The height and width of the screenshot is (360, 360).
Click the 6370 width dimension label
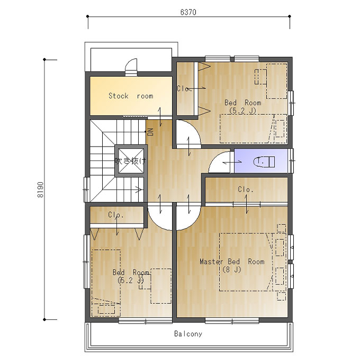pyautogui.click(x=188, y=12)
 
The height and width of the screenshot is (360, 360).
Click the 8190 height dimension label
pyautogui.click(x=40, y=190)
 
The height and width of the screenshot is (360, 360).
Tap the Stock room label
pyautogui.click(x=131, y=96)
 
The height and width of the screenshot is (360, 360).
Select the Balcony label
pyautogui.click(x=188, y=334)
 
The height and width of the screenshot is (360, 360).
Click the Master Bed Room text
pyautogui.click(x=232, y=262)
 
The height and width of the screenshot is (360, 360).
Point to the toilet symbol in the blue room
pyautogui.click(x=264, y=161)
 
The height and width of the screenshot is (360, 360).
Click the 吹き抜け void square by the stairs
pyautogui.click(x=131, y=161)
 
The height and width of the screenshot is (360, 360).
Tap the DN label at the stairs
pyautogui.click(x=150, y=132)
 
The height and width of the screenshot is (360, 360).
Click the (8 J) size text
pyautogui.click(x=232, y=269)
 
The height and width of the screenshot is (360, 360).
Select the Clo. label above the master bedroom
pyautogui.click(x=246, y=190)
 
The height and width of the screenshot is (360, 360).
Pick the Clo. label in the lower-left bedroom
pyautogui.click(x=116, y=215)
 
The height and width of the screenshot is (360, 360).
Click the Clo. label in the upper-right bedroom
pyautogui.click(x=184, y=88)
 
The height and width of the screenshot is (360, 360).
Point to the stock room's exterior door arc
pyautogui.click(x=129, y=62)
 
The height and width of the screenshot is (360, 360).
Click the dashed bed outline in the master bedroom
pyautogui.click(x=246, y=262)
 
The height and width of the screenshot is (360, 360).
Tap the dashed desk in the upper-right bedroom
pyautogui.click(x=277, y=81)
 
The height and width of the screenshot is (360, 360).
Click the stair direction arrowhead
pyautogui.click(x=139, y=190)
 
